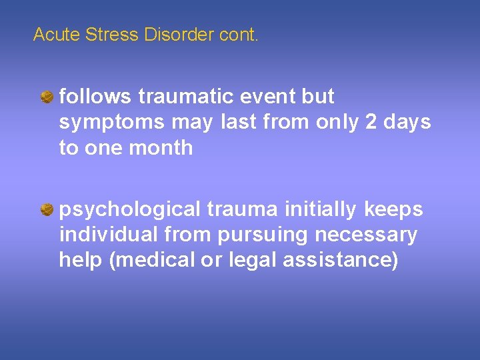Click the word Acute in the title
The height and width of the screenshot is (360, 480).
(x=57, y=35)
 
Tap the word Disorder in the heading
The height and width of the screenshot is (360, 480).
(x=178, y=35)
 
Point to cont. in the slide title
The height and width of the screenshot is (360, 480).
(x=238, y=35)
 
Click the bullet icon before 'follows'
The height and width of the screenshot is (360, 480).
(x=48, y=98)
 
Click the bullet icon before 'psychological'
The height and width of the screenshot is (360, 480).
(x=48, y=211)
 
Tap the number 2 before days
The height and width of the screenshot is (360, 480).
(x=371, y=122)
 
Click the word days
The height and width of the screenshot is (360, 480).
(x=407, y=123)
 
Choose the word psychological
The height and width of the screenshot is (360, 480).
(x=129, y=210)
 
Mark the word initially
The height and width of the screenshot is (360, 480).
(x=321, y=210)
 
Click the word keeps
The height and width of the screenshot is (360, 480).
(x=393, y=210)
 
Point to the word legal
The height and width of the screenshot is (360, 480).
(x=251, y=260)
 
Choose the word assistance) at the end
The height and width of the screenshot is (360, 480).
(x=341, y=260)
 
